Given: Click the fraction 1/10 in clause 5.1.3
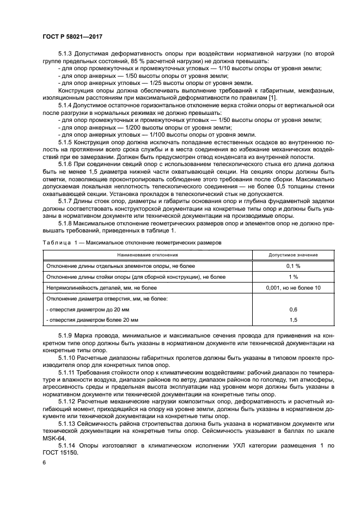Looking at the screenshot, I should tap(228, 68).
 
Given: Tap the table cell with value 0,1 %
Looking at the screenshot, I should tap(293, 266).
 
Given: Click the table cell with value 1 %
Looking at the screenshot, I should tap(293, 277).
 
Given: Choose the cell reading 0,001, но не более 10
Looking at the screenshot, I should tap(293, 287).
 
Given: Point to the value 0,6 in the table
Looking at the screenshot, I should tap(293, 309).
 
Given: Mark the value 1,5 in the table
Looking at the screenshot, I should tap(293, 320).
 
